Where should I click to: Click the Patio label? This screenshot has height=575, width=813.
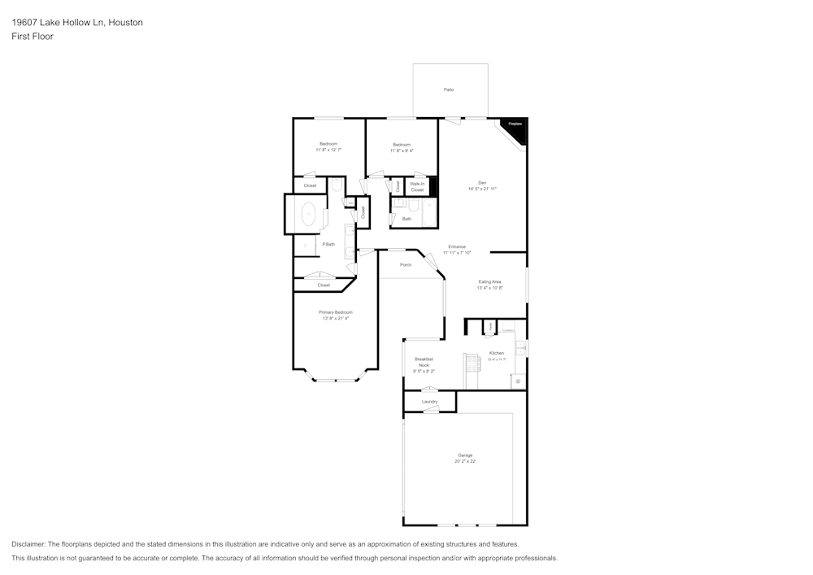pos(448,89)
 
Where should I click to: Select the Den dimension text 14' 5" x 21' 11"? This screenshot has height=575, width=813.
pos(482,189)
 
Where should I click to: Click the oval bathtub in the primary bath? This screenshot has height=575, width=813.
pos(309,215)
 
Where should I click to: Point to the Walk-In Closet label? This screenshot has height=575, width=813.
pos(417,187)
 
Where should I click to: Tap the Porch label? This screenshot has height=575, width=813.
pos(406,264)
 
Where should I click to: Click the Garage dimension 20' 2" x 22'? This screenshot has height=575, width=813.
pos(465,461)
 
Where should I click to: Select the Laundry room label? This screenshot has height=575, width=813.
pos(430,402)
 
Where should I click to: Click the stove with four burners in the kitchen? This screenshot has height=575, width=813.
pos(472,360)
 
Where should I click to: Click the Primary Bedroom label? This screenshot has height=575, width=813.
pos(336,312)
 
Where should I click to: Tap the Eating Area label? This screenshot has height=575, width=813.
pos(489,281)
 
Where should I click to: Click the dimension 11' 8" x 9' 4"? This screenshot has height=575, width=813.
pos(402,150)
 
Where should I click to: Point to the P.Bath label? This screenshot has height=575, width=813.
pos(328,244)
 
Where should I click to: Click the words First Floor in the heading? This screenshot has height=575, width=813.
pos(33,37)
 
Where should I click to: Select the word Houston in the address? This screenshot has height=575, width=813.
pos(125,23)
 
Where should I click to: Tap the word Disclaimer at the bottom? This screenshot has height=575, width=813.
pos(28,544)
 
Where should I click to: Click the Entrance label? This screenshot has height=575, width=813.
pos(457,246)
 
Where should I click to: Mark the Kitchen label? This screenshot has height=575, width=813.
pos(496,353)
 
